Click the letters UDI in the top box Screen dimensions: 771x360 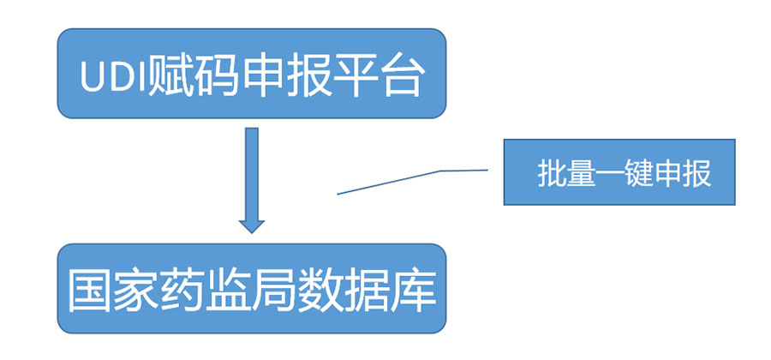[x=113, y=78]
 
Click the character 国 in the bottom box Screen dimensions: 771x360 [x=88, y=291]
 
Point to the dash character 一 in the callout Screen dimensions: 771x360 [x=610, y=174]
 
